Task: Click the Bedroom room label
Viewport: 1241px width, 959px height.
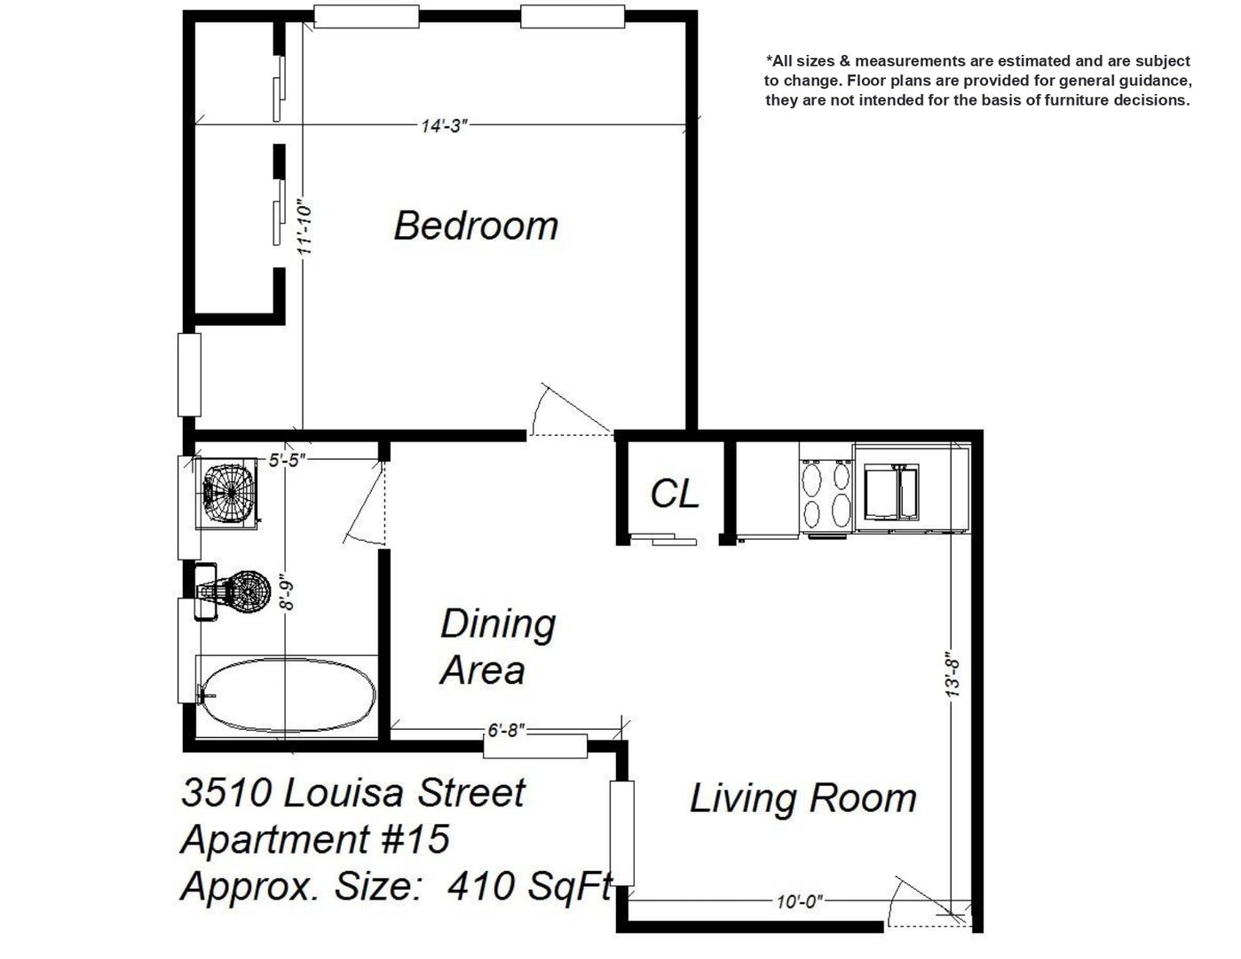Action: point(476,226)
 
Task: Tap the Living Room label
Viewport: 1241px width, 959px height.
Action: point(803,798)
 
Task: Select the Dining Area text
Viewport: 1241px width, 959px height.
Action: point(497,646)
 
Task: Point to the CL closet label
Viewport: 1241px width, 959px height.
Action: point(675,494)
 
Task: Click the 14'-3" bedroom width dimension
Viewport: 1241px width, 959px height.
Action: point(445,125)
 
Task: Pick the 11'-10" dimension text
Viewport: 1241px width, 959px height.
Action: point(305,230)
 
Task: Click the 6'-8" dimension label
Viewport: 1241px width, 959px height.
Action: point(506,730)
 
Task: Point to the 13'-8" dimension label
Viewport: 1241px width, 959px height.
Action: point(952,675)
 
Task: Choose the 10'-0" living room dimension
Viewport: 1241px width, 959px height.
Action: point(800,901)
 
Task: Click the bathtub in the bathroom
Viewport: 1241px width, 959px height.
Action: point(289,694)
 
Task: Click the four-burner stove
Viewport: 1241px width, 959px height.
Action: point(826,494)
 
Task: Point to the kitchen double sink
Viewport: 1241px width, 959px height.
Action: point(891,492)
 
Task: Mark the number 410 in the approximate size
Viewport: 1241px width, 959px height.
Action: point(480,886)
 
